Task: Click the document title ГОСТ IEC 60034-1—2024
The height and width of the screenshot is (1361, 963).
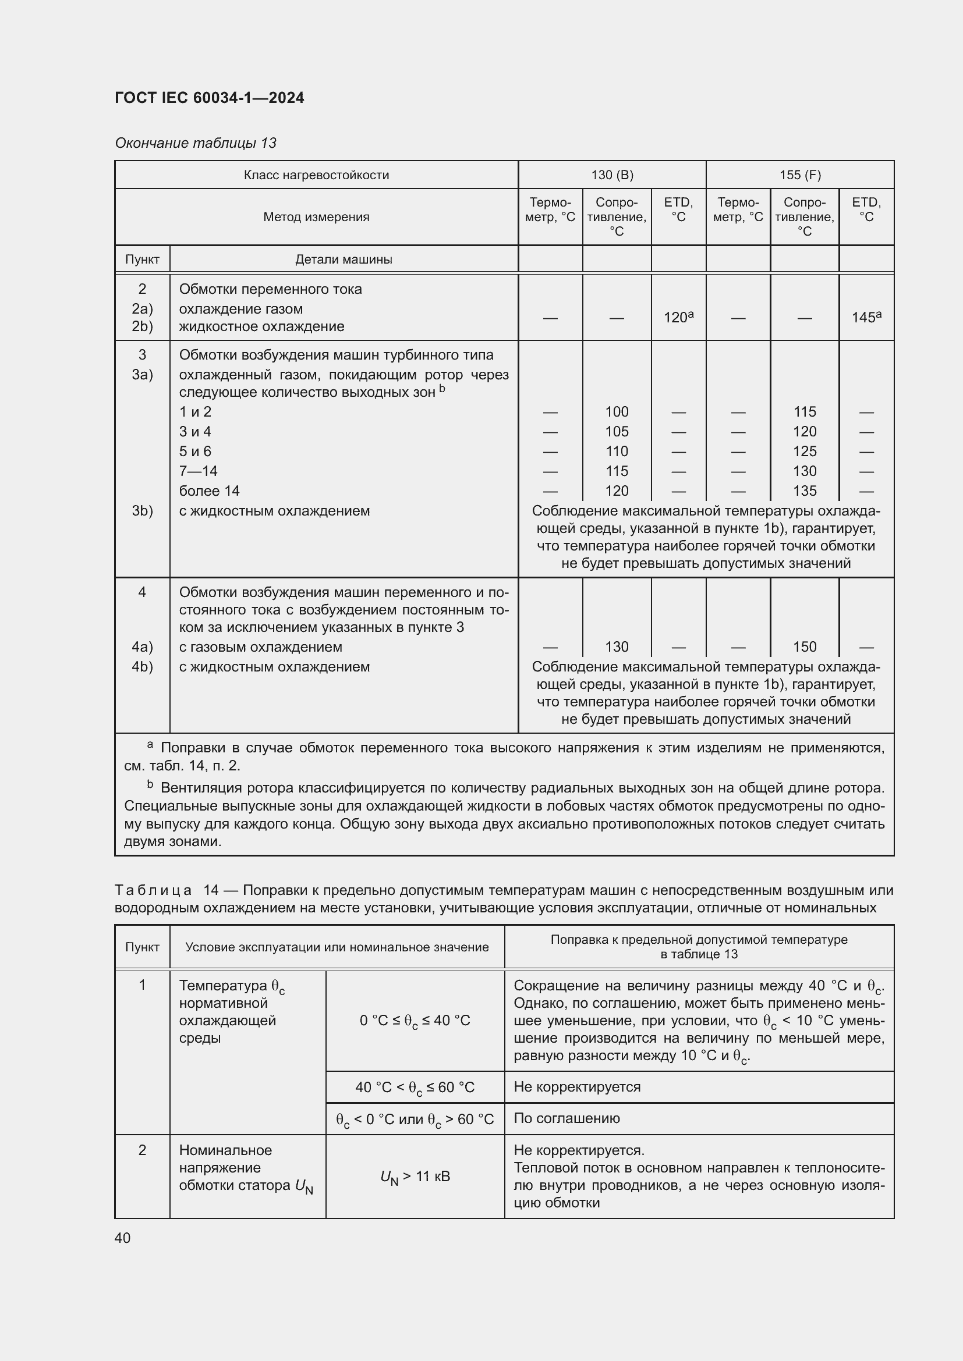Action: (x=210, y=98)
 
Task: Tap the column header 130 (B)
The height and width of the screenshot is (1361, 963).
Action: (x=612, y=175)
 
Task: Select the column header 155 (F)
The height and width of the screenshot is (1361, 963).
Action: (x=800, y=175)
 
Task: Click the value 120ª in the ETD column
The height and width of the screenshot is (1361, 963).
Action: (x=678, y=318)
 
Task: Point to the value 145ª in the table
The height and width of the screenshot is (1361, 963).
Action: (x=866, y=318)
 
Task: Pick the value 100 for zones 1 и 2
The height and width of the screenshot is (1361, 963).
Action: (x=617, y=412)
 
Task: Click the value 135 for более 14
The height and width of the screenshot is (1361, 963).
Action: (x=805, y=491)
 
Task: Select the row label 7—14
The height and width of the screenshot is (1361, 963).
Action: (x=198, y=471)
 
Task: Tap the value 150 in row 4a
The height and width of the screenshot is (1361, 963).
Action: (x=805, y=646)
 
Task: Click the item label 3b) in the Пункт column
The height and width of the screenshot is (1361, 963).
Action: (x=142, y=511)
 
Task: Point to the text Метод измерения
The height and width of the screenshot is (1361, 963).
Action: (x=316, y=217)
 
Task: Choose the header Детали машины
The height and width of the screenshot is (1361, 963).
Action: (x=344, y=259)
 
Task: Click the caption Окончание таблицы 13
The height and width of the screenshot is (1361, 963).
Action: (x=196, y=143)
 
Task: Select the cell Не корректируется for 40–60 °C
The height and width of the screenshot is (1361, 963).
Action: (x=577, y=1086)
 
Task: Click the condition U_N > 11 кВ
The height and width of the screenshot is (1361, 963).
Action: (x=415, y=1176)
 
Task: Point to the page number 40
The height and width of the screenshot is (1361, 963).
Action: (x=123, y=1238)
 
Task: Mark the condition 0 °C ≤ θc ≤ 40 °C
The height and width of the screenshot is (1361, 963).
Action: (x=415, y=1021)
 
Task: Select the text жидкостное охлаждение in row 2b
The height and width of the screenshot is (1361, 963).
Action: (x=261, y=326)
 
